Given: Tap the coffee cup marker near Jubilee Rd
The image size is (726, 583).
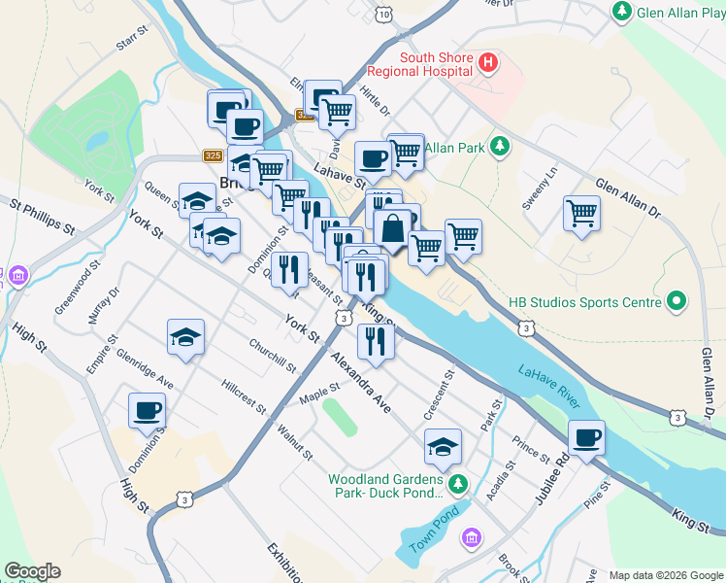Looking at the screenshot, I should [586, 438].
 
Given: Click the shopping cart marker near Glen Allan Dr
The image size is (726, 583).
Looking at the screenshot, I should [580, 213].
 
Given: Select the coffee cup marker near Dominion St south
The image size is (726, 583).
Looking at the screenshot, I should [147, 410].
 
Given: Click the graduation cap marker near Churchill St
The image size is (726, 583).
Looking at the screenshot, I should [185, 337].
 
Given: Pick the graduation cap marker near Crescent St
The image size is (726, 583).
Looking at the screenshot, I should [443, 447].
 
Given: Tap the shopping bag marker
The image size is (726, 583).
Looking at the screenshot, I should [393, 230].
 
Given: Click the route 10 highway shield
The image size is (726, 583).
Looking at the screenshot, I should [384, 15].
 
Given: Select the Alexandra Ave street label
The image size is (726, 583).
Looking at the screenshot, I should [359, 383].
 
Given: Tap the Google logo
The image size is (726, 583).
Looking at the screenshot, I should [31, 571].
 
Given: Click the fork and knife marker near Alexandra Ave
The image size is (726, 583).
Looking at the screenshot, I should [375, 341].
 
